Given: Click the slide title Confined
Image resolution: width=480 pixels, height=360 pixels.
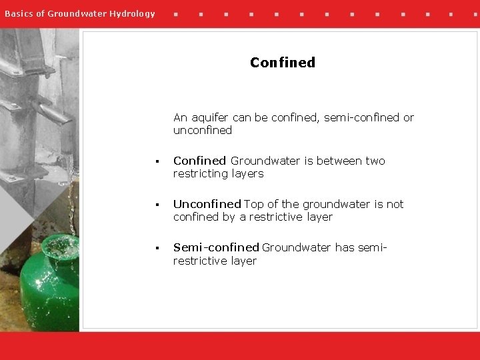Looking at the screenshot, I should [x=283, y=63].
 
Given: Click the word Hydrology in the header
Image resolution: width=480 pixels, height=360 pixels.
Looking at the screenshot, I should [x=132, y=13].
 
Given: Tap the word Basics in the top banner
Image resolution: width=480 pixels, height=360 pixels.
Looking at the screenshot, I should [x=19, y=13].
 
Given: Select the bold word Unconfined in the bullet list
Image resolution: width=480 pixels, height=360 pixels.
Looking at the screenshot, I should [x=207, y=204].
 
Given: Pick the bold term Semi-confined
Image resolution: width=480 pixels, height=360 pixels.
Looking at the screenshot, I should [x=216, y=247].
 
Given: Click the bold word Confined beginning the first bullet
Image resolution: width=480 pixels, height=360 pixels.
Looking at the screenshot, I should [x=199, y=161].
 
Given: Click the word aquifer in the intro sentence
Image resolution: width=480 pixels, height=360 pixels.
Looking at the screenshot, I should [x=211, y=118].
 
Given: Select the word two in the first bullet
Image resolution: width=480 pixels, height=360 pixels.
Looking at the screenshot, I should [x=375, y=161].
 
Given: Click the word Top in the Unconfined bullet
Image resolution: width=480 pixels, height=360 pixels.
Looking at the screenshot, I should [x=254, y=204].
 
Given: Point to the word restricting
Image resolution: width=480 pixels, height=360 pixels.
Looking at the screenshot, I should [x=200, y=173].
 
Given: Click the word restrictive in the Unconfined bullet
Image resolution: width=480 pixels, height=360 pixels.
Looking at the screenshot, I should [x=276, y=217].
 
